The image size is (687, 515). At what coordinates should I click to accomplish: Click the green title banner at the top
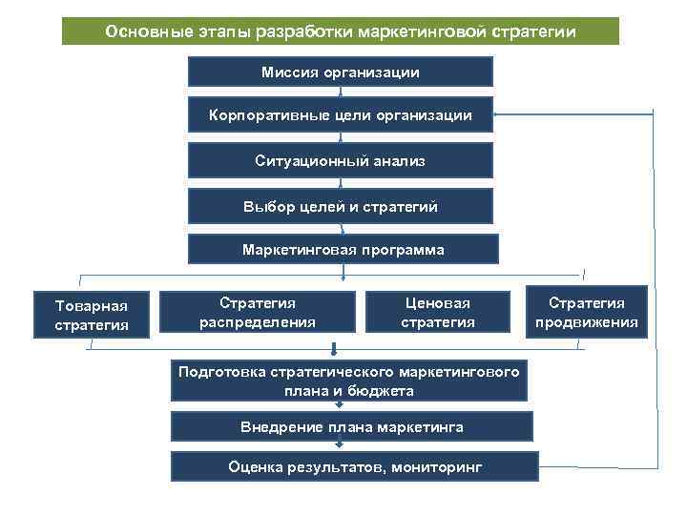pyautogui.click(x=341, y=31)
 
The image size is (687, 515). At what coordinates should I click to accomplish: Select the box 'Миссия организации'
pyautogui.click(x=341, y=72)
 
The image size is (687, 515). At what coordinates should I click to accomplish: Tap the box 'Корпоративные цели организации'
pyautogui.click(x=341, y=115)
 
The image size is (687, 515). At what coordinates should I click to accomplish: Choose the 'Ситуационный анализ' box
pyautogui.click(x=341, y=160)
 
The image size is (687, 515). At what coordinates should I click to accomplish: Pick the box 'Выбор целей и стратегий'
pyautogui.click(x=341, y=205)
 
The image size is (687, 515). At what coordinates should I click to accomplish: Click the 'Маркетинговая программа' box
pyautogui.click(x=343, y=249)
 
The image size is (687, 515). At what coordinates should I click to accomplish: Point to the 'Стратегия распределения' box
pyautogui.click(x=257, y=312)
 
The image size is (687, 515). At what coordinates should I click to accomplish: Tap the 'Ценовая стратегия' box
pyautogui.click(x=437, y=312)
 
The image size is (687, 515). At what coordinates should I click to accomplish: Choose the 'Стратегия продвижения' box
pyautogui.click(x=586, y=312)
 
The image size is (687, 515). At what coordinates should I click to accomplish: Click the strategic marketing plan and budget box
pyautogui.click(x=348, y=381)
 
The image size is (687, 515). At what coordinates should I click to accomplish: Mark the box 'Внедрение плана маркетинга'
pyautogui.click(x=351, y=426)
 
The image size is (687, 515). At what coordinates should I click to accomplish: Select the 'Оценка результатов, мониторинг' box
pyautogui.click(x=355, y=466)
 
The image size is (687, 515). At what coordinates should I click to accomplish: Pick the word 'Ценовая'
pyautogui.click(x=437, y=302)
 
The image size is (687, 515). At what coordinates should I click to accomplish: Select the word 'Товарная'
pyautogui.click(x=92, y=305)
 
